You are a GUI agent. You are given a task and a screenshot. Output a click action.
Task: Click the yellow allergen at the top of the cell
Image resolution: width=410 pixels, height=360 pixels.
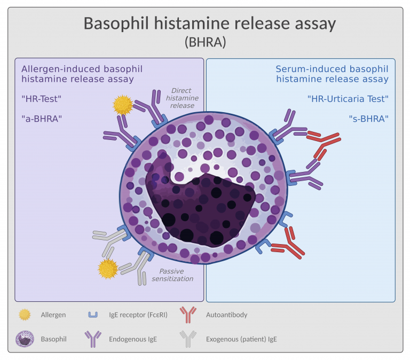(122, 105)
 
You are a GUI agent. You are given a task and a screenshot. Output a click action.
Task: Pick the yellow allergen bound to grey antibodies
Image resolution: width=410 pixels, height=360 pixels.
(108, 269)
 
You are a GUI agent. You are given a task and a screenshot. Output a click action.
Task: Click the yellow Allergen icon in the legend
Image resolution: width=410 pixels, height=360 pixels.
(25, 315)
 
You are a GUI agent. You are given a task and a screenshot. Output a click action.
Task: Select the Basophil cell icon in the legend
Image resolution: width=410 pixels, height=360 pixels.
(25, 339)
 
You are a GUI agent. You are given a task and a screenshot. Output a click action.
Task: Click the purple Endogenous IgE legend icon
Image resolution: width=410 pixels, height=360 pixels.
(92, 339)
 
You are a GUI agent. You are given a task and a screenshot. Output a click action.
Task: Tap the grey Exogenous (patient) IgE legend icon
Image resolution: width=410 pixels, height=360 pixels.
(187, 339)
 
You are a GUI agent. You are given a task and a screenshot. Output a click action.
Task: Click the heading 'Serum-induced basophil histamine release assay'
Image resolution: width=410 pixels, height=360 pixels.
(332, 74)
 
